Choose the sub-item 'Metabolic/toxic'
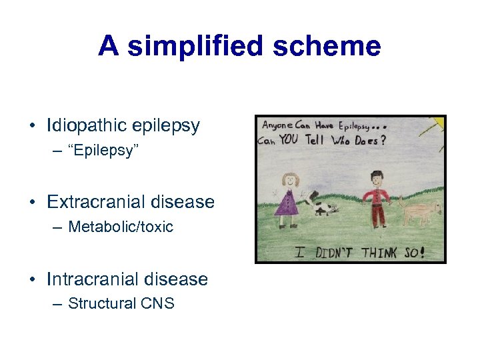[120, 227]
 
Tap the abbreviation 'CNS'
[157, 303]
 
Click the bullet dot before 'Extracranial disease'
[32, 202]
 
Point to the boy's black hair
[377, 174]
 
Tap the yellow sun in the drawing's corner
[439, 123]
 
